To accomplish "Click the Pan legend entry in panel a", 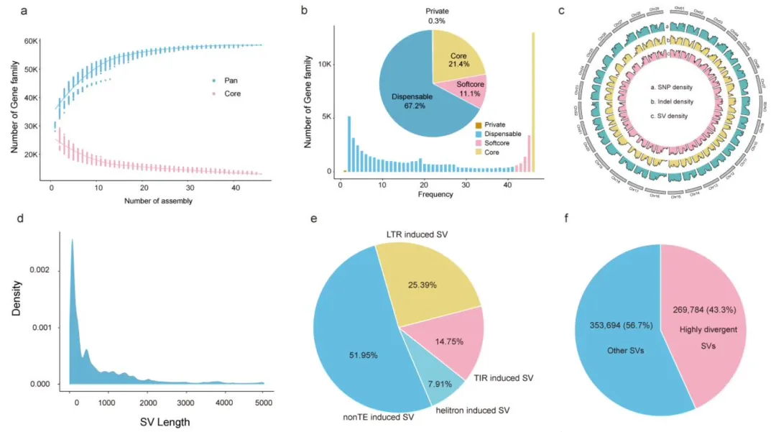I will click(226, 80).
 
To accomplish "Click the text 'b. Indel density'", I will click(677, 101).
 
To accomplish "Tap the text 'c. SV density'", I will click(673, 116).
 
